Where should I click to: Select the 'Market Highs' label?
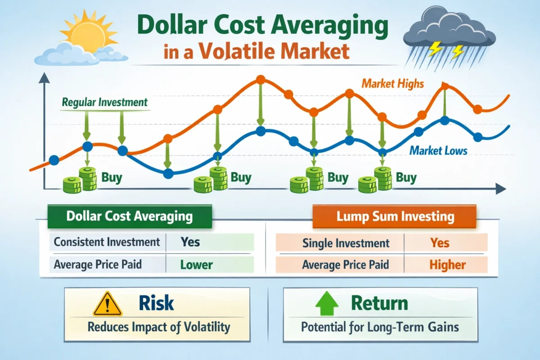[392, 83]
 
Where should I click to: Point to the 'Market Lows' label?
[438, 151]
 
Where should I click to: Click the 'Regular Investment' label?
[104, 102]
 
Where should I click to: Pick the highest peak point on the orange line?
[260, 80]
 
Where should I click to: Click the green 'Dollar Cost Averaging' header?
[130, 216]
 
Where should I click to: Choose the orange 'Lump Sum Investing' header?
[395, 217]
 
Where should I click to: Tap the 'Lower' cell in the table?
[196, 265]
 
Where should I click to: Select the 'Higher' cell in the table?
[447, 265]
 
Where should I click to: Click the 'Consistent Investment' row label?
[107, 242]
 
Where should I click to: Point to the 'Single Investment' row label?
[346, 243]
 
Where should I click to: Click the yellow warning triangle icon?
[108, 304]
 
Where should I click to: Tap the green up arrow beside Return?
[327, 304]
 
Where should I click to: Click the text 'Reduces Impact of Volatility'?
[158, 327]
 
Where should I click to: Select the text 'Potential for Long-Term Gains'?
[380, 327]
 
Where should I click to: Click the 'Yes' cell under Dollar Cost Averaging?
[190, 242]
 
